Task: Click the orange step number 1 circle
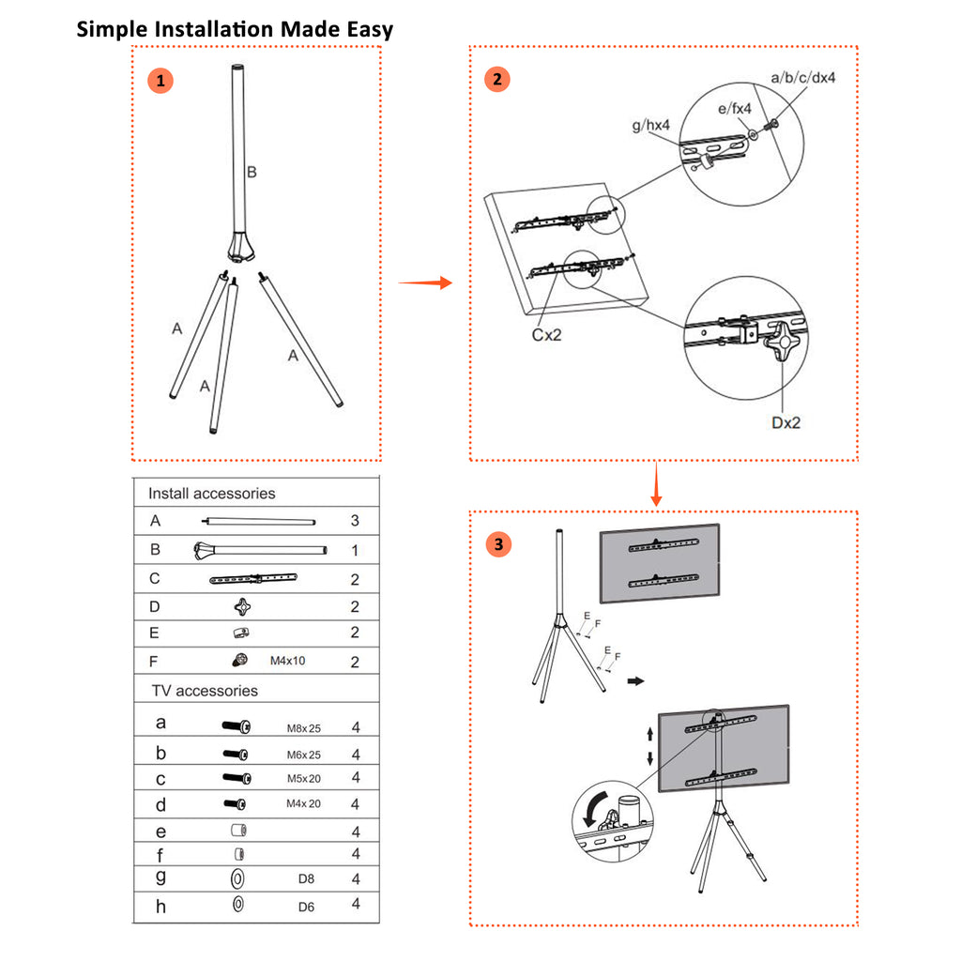click(x=161, y=81)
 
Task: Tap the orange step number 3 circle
click(x=498, y=544)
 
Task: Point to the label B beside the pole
click(x=252, y=172)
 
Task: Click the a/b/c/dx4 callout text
click(x=802, y=77)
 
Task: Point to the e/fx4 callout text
click(x=735, y=109)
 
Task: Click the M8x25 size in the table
click(x=303, y=727)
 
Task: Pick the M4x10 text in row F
click(x=288, y=661)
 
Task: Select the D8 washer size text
click(x=306, y=879)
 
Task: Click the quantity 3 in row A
click(x=355, y=520)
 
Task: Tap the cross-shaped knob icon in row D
click(x=243, y=606)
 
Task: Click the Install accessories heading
click(x=211, y=493)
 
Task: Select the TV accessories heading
click(x=205, y=690)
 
